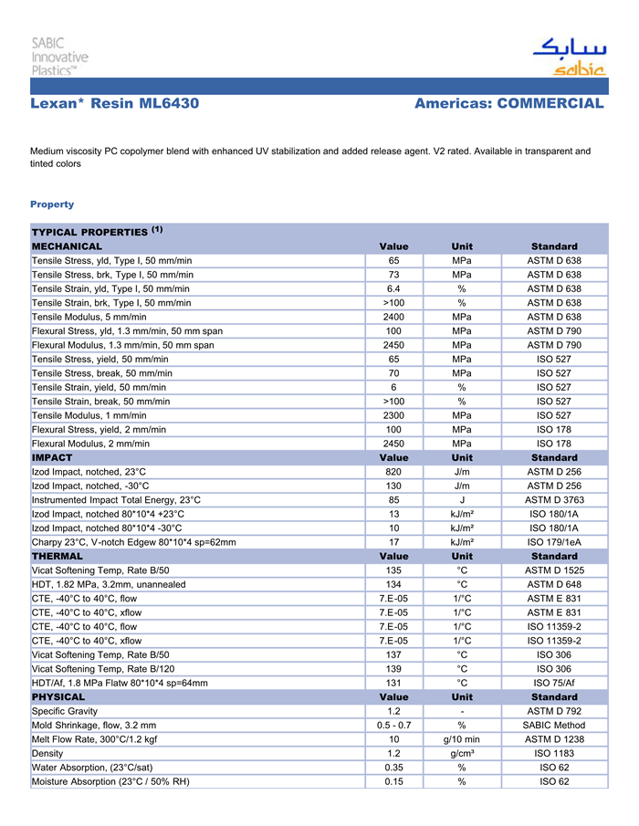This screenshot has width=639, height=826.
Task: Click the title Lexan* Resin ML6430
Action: [x=114, y=103]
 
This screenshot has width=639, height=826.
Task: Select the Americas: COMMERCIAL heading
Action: [x=508, y=103]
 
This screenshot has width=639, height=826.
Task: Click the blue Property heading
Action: [x=52, y=204]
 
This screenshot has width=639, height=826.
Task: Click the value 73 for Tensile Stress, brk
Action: [x=393, y=274]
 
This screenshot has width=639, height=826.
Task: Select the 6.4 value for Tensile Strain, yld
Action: [x=393, y=288]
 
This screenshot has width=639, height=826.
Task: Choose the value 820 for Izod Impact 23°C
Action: [x=393, y=472]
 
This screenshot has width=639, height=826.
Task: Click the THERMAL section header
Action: [x=58, y=556]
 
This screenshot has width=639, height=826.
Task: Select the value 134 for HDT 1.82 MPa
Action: [x=393, y=584]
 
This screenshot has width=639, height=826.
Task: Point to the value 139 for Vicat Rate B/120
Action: [x=393, y=669]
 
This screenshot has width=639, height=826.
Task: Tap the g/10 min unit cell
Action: [x=462, y=739]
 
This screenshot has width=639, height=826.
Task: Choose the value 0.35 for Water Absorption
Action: [x=393, y=768]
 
